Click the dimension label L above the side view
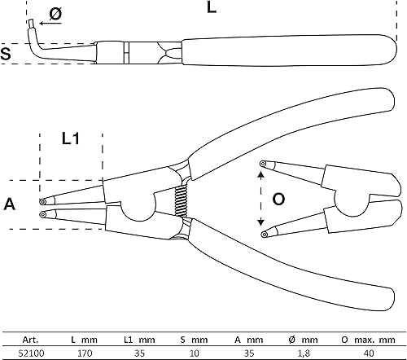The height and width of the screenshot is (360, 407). [212, 7]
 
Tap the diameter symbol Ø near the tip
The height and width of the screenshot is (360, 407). [55, 14]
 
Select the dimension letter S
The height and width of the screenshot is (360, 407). [6, 54]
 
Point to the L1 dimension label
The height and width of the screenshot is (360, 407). [71, 138]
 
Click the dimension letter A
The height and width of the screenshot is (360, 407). [10, 204]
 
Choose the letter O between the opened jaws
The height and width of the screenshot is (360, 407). [278, 200]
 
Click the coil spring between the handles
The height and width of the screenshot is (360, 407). [181, 201]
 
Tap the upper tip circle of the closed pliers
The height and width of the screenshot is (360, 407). [42, 202]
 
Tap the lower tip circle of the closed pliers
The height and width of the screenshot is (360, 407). [42, 214]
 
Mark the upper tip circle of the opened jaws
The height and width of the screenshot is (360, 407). [263, 164]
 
